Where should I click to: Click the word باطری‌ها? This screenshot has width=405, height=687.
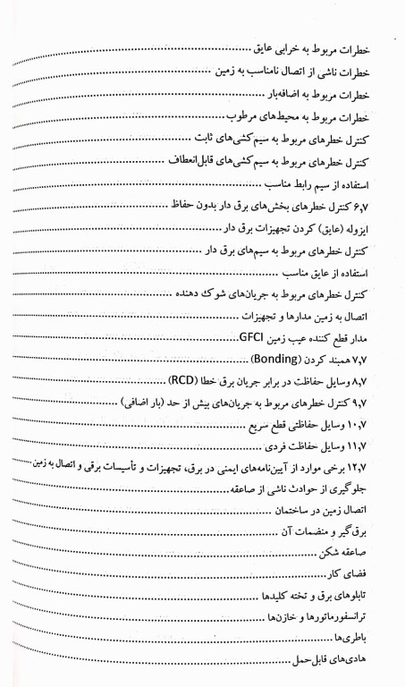(x=376, y=640)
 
